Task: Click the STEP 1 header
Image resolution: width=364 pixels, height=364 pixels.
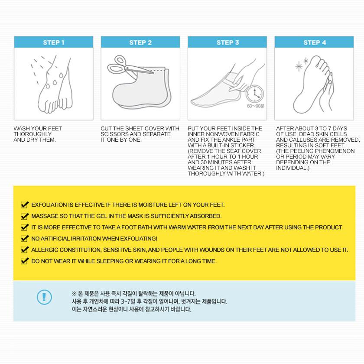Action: click(54, 42)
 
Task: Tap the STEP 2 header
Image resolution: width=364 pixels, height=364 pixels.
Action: click(140, 42)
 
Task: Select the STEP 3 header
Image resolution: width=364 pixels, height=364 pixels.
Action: click(227, 42)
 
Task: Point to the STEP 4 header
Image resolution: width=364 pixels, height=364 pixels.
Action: click(314, 42)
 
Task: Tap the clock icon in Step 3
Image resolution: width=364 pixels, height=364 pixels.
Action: click(255, 94)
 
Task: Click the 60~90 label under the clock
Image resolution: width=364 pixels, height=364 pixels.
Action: click(255, 106)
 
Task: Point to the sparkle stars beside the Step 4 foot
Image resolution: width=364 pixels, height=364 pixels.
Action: click(302, 64)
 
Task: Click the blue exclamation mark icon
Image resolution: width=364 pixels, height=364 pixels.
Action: click(44, 297)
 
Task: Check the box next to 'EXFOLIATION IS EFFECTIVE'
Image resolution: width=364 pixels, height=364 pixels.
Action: click(25, 205)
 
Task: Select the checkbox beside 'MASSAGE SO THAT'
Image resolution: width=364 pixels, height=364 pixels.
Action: click(25, 216)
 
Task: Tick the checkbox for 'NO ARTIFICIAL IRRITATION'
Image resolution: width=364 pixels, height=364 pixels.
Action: click(25, 238)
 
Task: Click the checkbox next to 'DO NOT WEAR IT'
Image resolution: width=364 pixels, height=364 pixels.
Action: click(25, 261)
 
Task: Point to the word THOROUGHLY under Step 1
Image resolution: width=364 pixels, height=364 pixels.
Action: click(32, 134)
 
